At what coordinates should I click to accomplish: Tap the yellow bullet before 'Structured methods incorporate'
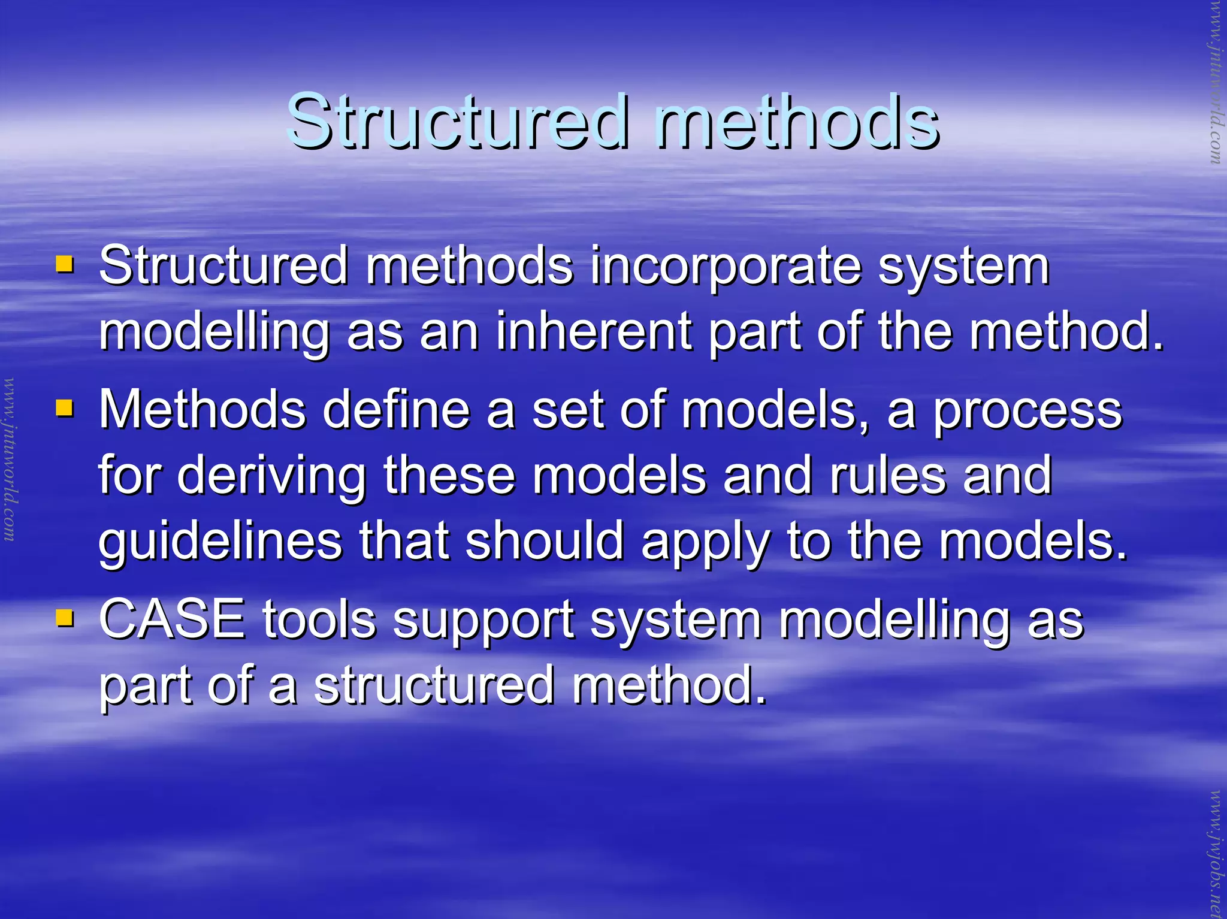tap(64, 264)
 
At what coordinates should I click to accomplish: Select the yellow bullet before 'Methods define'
tap(64, 409)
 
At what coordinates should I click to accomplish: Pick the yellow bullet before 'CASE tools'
tap(64, 618)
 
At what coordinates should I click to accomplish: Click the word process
tap(1028, 412)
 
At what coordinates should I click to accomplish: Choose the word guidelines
tap(220, 542)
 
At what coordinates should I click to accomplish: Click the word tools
tap(319, 619)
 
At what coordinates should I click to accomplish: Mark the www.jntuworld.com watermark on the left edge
tap(10, 459)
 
